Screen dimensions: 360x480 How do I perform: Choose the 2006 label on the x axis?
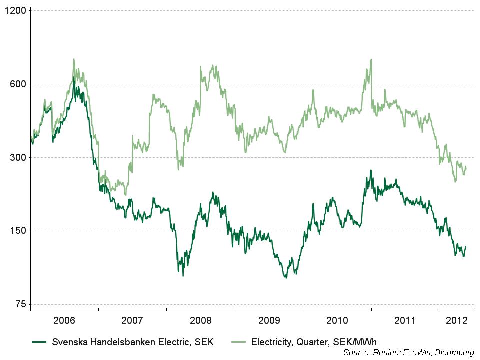coord(64,320)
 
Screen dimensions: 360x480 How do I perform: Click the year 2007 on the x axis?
coord(132,320)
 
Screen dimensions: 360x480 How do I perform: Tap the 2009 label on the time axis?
coord(268,320)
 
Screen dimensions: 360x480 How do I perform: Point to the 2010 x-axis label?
coord(336,320)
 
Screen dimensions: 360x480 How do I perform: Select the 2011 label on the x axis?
coord(404,320)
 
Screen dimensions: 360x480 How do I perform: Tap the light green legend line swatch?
coord(239,342)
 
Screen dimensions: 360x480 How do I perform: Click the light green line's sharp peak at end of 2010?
coord(371,60)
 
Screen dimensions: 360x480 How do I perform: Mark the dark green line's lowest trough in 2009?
coord(286,277)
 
